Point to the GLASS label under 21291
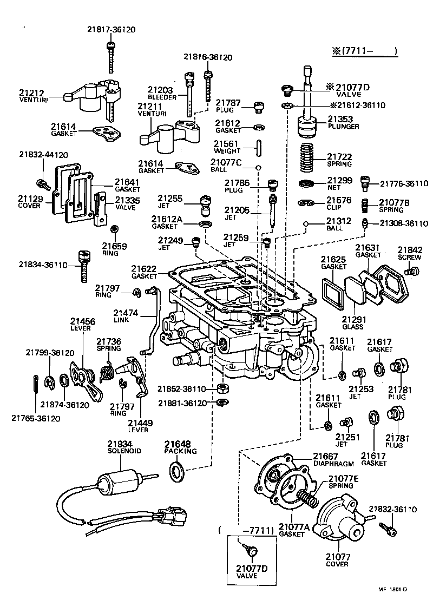[352, 327]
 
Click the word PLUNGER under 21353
[343, 127]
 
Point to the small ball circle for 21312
[306, 223]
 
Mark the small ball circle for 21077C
[259, 167]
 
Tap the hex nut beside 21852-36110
[221, 388]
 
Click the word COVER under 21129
[29, 206]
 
